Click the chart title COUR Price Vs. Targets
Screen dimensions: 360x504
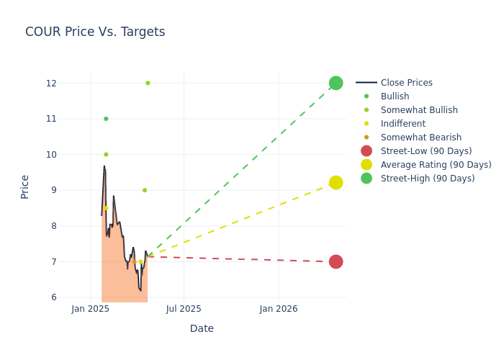95,32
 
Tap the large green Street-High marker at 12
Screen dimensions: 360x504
336,83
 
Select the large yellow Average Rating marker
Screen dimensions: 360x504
336,183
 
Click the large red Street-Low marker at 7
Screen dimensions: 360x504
336,261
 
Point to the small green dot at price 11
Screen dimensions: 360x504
106,119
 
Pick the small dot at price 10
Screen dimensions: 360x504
106,154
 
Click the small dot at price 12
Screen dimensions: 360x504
148,83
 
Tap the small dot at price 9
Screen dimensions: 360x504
145,190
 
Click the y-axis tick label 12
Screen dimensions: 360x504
50,83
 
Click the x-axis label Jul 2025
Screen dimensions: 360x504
184,309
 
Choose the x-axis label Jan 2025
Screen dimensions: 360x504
90,309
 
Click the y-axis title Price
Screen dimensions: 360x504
25,186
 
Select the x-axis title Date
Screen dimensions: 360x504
202,328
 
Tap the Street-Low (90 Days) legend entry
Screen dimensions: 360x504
426,151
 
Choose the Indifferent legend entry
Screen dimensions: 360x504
404,124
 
